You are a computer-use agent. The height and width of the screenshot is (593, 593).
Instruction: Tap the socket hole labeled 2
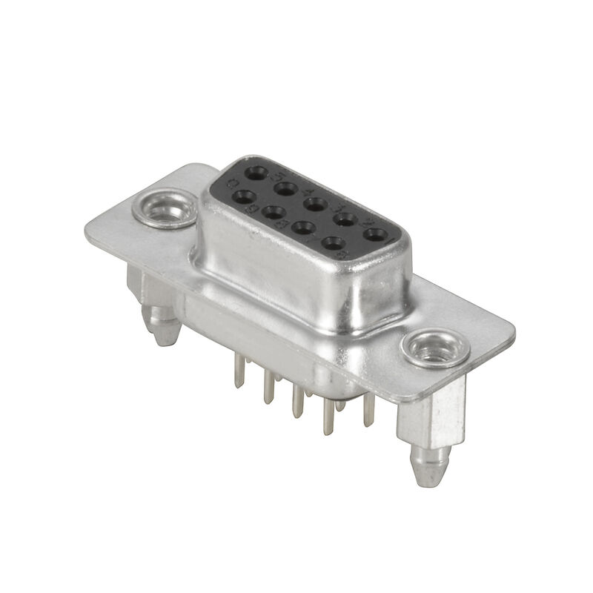coord(345,218)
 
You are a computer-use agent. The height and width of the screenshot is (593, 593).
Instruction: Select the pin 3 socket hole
coord(314,202)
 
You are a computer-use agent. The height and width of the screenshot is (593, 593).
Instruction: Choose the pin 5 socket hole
coord(256,173)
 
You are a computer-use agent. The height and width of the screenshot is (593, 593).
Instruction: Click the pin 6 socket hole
coord(334,242)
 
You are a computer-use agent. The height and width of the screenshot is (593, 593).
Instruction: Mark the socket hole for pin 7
coord(302,227)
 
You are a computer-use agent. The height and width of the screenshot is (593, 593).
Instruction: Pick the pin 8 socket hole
coord(272,211)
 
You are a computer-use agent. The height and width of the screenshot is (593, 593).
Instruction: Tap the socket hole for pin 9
coord(243,197)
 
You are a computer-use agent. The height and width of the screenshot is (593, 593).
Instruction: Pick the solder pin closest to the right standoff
coord(368,412)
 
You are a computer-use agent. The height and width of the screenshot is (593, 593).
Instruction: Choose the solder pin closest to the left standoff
coord(237,371)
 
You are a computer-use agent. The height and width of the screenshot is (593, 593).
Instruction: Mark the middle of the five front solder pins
coord(297,401)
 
